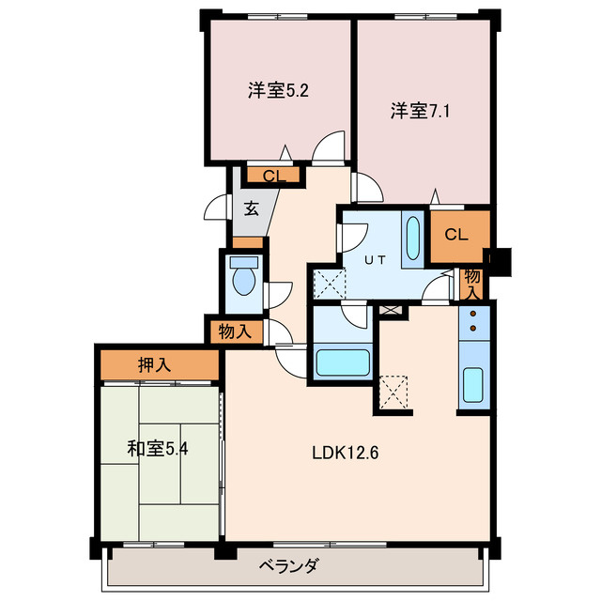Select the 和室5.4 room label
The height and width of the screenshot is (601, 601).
click(x=159, y=448)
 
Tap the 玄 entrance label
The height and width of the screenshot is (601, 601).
click(x=252, y=208)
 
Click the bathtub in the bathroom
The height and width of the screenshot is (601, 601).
click(x=343, y=362)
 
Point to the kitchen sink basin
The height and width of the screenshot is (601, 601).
click(x=472, y=383)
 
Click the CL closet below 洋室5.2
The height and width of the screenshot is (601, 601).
click(x=273, y=175)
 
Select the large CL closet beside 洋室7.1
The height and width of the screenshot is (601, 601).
click(x=457, y=234)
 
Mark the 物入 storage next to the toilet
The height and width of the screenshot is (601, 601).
click(x=235, y=331)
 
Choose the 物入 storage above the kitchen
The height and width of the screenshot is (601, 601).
click(x=472, y=281)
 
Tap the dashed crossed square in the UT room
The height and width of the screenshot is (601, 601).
click(x=329, y=282)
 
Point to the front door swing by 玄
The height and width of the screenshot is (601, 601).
click(x=219, y=208)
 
